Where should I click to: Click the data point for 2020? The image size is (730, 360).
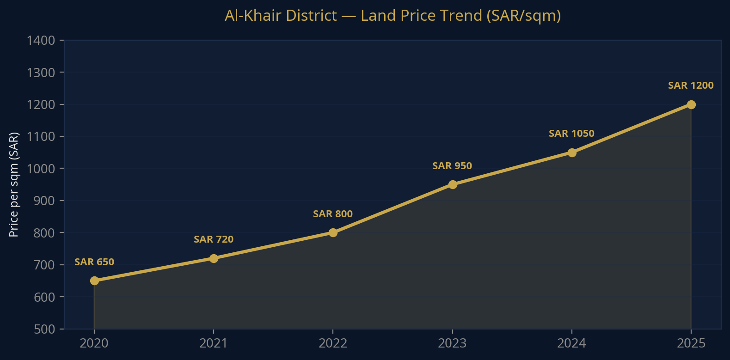click(94, 281)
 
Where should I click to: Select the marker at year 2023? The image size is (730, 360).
click(453, 184)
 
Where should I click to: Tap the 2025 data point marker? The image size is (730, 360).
click(691, 104)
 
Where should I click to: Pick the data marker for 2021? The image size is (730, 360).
click(214, 258)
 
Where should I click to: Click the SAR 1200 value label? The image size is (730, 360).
click(691, 85)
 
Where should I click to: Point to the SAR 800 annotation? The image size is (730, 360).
click(332, 214)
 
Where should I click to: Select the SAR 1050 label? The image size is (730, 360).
click(571, 134)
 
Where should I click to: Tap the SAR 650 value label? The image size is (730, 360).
click(94, 262)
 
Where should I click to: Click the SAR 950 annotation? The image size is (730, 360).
click(452, 166)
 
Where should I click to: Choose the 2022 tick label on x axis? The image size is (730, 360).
click(333, 343)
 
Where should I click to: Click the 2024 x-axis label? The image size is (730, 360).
click(571, 343)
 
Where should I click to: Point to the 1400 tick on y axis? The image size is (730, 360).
click(41, 41)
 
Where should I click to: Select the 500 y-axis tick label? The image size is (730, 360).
click(44, 329)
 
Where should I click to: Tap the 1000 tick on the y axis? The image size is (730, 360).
click(41, 169)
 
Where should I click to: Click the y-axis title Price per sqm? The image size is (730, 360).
click(14, 185)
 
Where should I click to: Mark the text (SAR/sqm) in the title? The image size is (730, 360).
click(523, 16)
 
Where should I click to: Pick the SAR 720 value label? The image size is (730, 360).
click(213, 239)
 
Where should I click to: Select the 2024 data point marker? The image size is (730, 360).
click(572, 153)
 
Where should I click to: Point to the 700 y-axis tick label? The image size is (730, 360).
click(44, 265)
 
